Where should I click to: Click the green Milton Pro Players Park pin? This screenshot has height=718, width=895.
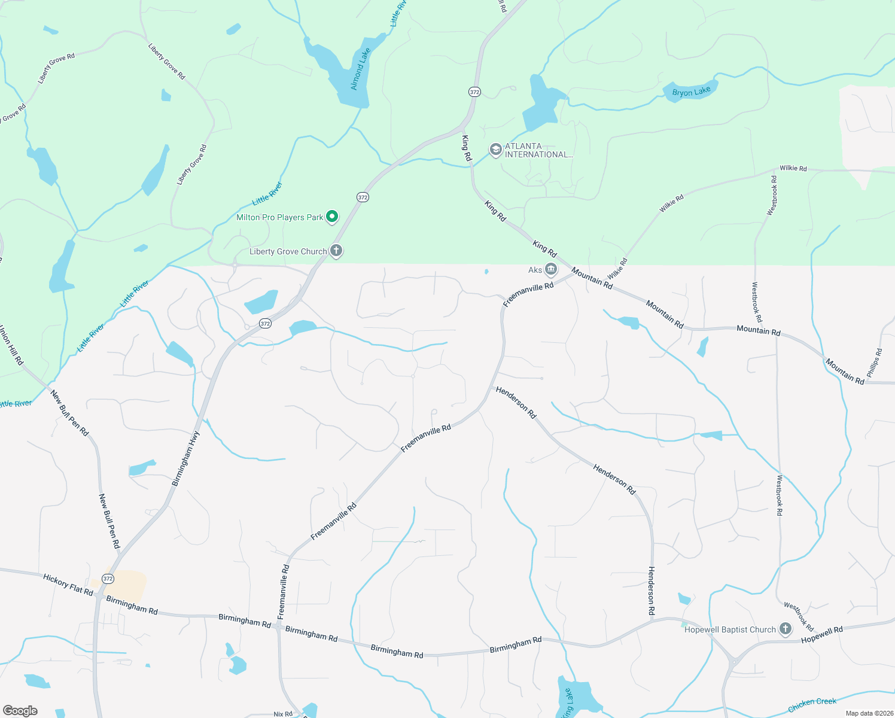332,217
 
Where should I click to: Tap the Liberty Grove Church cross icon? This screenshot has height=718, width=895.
336,251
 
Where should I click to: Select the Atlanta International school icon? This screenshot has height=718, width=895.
495,150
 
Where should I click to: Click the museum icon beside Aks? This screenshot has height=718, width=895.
550,269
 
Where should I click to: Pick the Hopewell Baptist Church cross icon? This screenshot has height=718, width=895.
786,629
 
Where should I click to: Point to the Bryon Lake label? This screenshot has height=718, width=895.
691,92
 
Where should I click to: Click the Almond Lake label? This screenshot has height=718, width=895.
360,69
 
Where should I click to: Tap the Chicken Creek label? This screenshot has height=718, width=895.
812,705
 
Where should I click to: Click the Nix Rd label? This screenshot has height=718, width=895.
283,714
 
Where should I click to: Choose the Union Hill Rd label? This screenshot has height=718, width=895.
11,345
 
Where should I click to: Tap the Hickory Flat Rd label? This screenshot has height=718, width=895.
68,585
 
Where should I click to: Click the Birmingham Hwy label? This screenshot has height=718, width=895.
185,458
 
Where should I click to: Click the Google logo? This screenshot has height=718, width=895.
20,710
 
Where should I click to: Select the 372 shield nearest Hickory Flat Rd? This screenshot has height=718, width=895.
108,579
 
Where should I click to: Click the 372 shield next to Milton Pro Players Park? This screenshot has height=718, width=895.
363,197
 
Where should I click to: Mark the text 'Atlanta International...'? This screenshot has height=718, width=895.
538,150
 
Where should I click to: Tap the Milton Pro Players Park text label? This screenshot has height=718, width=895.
279,217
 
